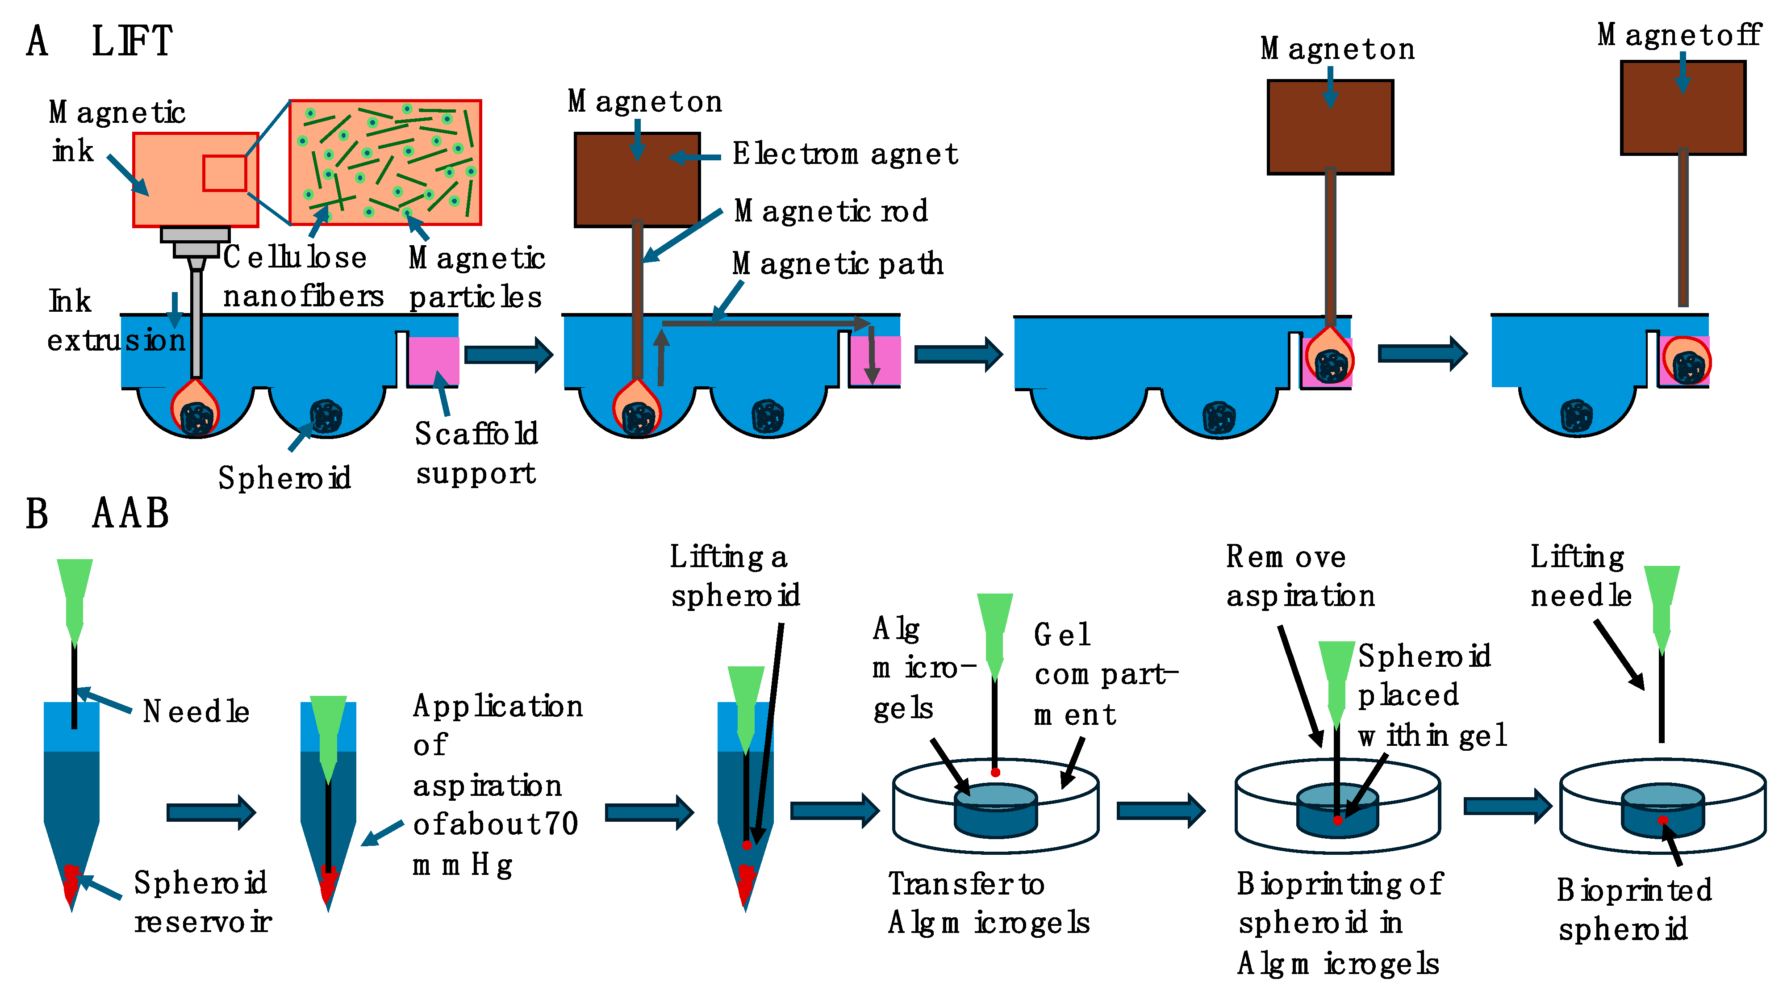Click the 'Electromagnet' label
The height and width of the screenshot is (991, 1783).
pos(844,154)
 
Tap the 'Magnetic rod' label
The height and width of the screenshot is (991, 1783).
pos(831,211)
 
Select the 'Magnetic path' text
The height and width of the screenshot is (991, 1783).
pos(838,263)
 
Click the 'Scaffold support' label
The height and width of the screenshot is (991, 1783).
pos(476,453)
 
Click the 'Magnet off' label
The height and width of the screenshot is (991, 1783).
pos(1679,34)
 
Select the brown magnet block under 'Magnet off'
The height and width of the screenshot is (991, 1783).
pos(1683,107)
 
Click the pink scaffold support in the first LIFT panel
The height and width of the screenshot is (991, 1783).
pos(433,360)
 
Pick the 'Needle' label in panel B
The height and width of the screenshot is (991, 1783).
pos(196,711)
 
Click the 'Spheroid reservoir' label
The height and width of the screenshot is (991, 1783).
pos(202,902)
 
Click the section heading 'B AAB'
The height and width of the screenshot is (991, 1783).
pos(97,514)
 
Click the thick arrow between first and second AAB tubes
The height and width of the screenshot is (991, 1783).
pos(211,812)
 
